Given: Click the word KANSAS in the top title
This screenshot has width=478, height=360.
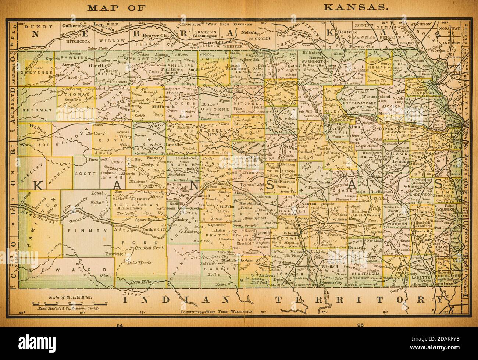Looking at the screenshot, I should coord(355,7).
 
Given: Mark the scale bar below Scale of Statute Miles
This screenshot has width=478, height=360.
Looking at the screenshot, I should coord(69,303).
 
